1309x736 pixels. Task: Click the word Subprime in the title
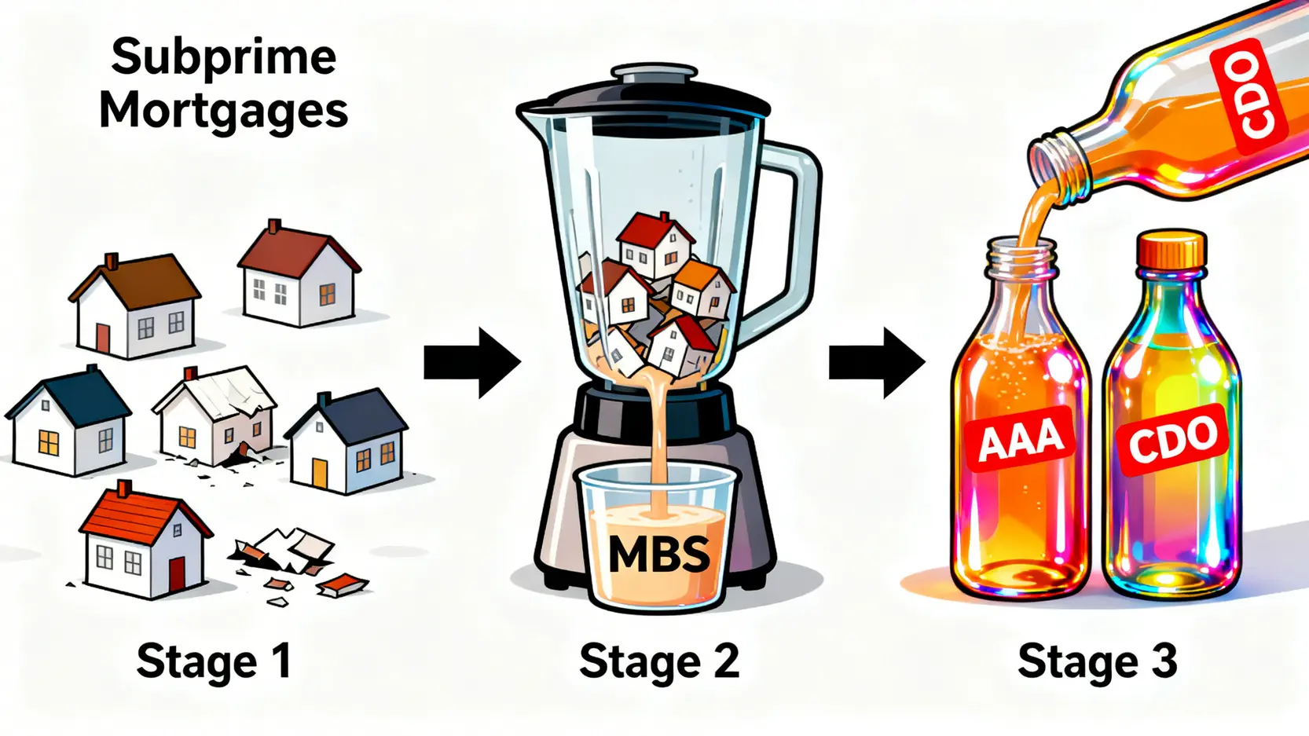224,57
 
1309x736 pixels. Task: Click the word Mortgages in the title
224,112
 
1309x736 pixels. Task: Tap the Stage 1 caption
214,661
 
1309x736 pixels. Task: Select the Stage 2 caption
659,661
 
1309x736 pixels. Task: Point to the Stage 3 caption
1097,661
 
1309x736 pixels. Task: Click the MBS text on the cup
658,555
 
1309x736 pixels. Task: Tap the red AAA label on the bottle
1020,440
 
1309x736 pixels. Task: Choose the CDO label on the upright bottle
1172,441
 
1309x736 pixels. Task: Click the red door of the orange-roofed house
178,573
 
